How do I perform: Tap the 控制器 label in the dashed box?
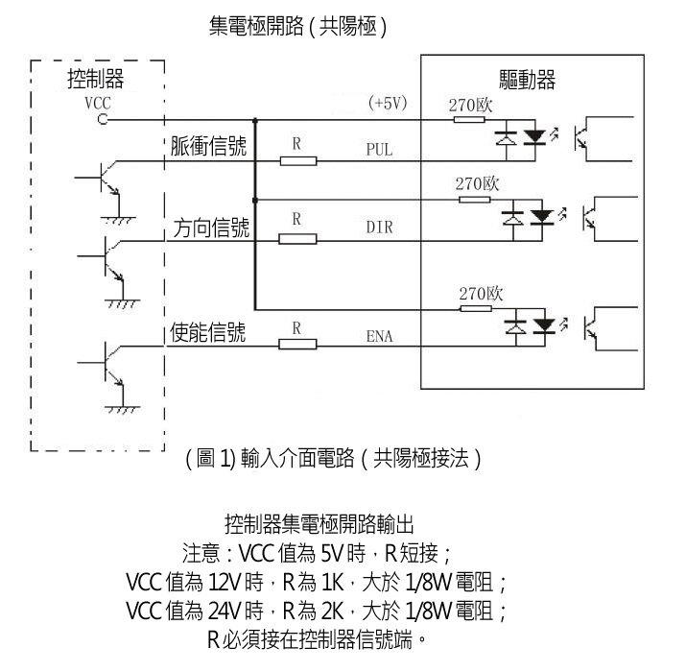(x=95, y=78)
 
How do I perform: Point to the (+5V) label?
(x=388, y=103)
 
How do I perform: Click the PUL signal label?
(x=380, y=151)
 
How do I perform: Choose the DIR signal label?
(x=380, y=228)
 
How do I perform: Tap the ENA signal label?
(x=380, y=336)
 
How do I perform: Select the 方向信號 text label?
(x=211, y=228)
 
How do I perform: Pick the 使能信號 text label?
(x=207, y=332)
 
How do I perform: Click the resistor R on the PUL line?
(x=297, y=160)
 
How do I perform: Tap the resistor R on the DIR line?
(x=297, y=238)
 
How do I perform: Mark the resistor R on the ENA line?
(x=297, y=344)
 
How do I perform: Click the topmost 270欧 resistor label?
(x=470, y=104)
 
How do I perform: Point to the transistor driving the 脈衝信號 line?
(x=107, y=180)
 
